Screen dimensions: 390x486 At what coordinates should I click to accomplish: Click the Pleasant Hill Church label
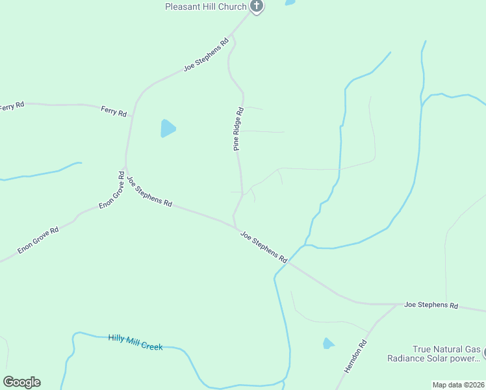coord(206,6)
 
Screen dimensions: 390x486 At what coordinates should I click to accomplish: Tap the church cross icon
coord(257,6)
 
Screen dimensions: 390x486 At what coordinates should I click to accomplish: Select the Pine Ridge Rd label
coord(238,129)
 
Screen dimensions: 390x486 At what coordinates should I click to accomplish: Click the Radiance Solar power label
coord(434,358)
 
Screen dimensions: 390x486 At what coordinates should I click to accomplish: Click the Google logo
coord(21,382)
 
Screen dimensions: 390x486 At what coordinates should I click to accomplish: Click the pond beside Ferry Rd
coord(168,128)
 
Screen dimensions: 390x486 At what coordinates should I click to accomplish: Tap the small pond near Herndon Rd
coord(329,343)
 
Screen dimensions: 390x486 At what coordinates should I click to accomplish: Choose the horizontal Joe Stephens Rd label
coord(431,305)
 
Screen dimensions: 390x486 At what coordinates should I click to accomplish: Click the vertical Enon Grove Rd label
coord(111,190)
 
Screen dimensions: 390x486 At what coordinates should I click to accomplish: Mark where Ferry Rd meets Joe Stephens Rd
coord(131,117)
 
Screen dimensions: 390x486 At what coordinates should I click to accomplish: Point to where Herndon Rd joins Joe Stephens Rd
coord(398,304)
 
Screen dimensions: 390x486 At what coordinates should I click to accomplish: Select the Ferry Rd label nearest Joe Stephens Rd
coord(114,111)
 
